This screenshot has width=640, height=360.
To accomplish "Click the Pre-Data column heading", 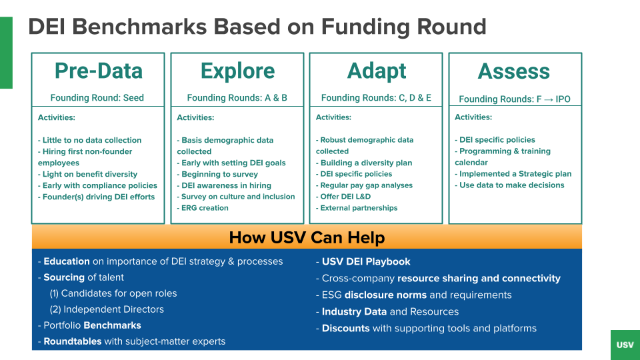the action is point(99,71).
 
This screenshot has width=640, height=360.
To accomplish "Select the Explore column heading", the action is point(237,71).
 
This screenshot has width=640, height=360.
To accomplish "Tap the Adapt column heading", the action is point(376,71).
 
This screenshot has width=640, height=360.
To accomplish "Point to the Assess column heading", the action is point(514,71).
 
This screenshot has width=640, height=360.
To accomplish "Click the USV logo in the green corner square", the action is point(625,345).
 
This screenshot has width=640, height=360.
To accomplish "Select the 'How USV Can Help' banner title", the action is point(307,237).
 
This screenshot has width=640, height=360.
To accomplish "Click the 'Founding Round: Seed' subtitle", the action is point(97,98).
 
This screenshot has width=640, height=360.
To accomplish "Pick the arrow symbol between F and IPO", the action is point(548,99).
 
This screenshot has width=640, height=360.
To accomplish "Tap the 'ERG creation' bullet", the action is point(203,208).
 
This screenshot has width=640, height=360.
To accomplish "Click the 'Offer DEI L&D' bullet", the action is point(343,196).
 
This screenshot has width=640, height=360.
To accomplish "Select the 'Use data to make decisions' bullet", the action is point(509,185).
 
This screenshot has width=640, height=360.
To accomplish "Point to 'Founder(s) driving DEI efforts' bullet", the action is point(96,197).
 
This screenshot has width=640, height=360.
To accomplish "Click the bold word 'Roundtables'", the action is point(73,341).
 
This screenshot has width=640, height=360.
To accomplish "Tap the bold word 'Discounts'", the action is point(346,328).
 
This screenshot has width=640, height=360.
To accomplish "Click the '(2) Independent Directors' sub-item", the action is point(107,309).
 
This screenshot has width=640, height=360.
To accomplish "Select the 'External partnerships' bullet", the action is point(357,208).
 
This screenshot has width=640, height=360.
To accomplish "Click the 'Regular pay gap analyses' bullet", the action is point(364,185).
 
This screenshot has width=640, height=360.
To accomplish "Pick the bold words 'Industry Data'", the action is point(354,311).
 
